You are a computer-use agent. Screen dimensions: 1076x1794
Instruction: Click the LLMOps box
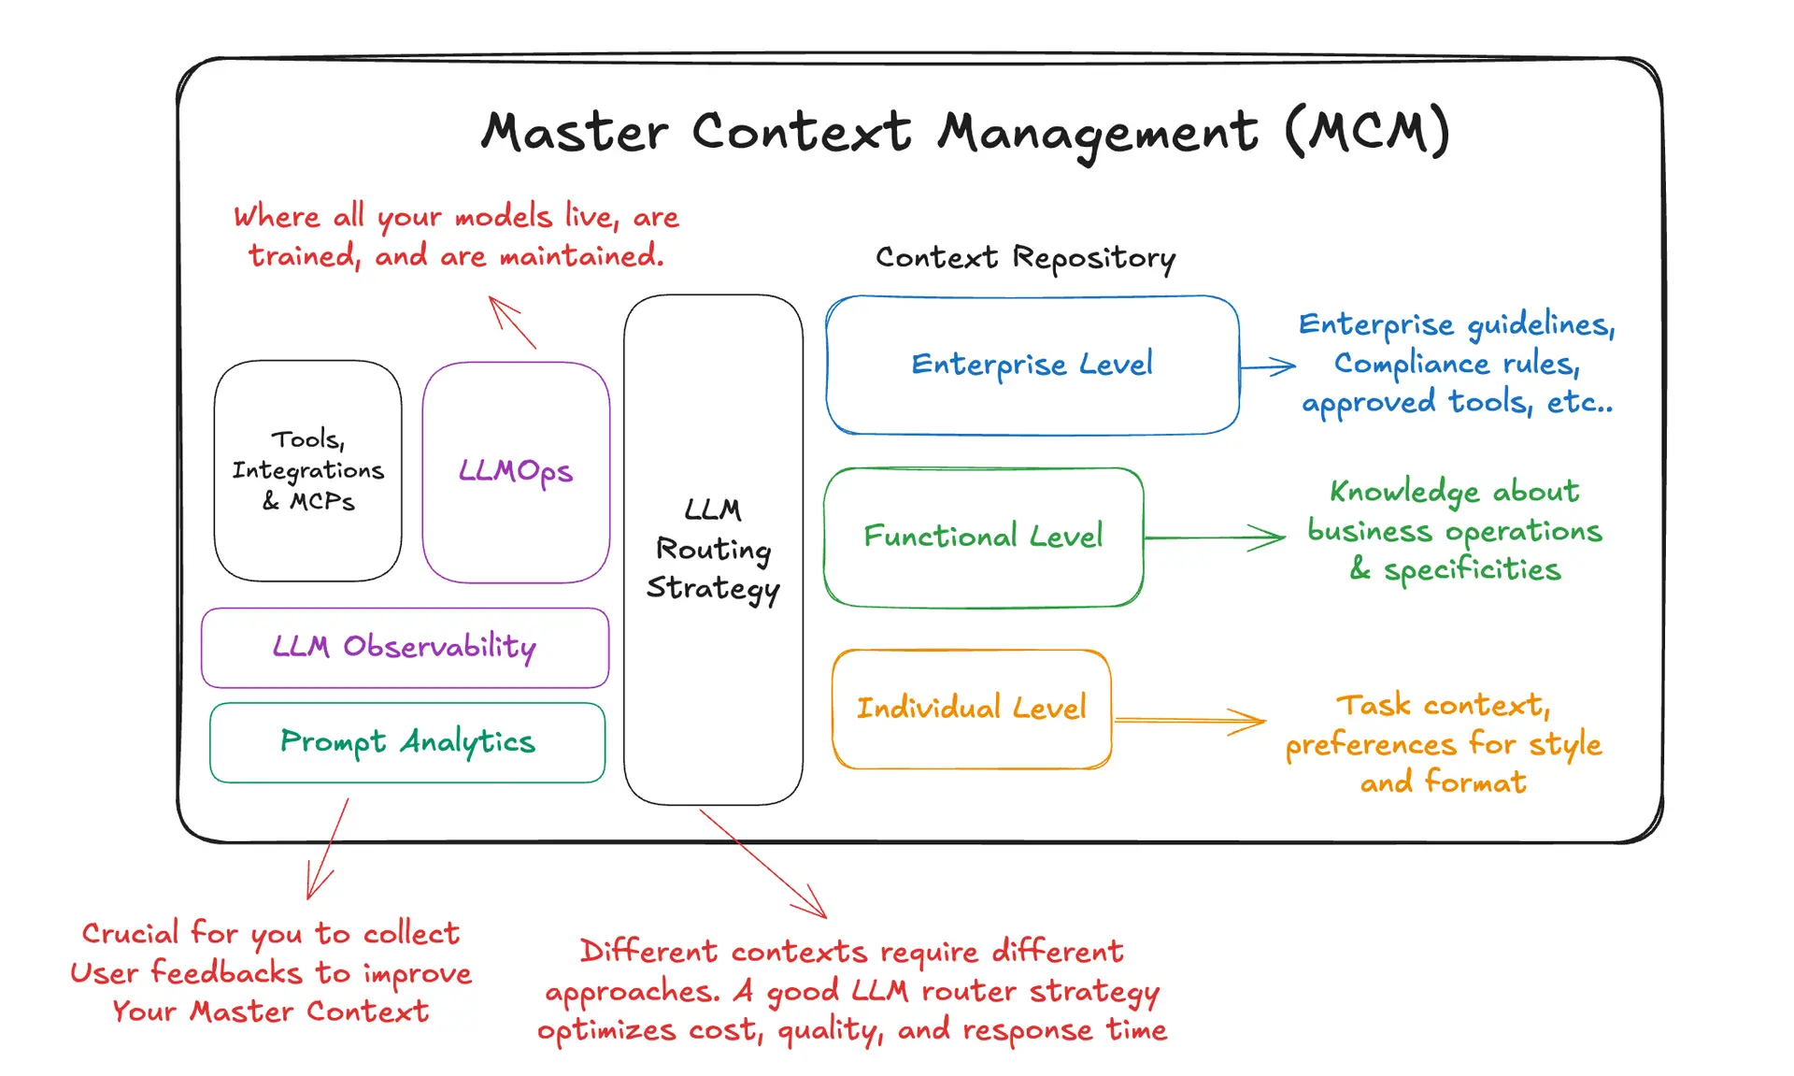pos(516,472)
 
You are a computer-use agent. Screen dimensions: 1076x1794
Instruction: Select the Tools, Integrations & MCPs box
pos(307,470)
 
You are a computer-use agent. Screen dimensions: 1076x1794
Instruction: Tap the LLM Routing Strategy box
pos(713,550)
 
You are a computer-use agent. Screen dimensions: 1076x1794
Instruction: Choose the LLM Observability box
pos(405,647)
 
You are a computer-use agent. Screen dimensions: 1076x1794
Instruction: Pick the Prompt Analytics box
pos(407,742)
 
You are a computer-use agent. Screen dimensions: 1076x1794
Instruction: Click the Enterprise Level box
pos(1032,365)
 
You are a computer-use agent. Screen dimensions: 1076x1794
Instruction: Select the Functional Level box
pos(983,537)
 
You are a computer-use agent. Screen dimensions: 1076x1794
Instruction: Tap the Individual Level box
pos(972,709)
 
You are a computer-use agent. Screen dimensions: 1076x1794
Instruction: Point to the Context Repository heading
pos(1025,257)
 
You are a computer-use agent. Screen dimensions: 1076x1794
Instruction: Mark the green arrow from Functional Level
pos(1215,538)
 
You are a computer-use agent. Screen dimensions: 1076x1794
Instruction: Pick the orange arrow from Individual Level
pos(1189,721)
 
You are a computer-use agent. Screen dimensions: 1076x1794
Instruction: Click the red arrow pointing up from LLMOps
pos(512,322)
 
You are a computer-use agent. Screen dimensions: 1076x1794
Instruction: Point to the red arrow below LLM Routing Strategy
pos(762,863)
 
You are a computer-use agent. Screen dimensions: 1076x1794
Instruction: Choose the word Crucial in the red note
pos(130,933)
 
